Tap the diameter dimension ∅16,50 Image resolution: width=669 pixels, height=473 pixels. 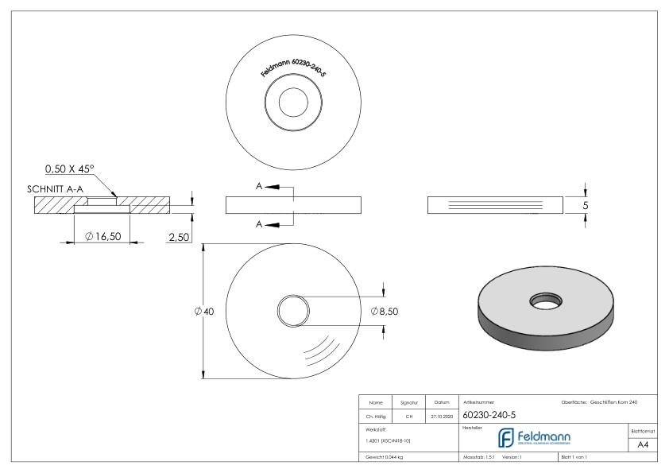[103, 236]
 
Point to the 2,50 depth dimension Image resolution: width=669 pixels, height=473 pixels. [178, 236]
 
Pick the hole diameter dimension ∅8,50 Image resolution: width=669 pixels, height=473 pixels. [384, 311]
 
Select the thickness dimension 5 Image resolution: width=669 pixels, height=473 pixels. [586, 205]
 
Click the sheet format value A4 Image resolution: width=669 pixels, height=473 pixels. [644, 445]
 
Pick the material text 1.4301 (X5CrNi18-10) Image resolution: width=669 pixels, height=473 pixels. [388, 440]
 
